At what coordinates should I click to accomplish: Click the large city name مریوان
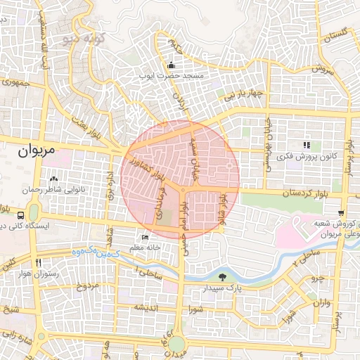coord(35,150)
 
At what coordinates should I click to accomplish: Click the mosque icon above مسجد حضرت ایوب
coord(172,65)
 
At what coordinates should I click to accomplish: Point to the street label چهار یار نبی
coord(238,94)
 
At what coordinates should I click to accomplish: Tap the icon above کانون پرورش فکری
coord(306,145)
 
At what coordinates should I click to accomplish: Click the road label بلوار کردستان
coord(286,193)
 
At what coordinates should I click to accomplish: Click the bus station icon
coord(22,213)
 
